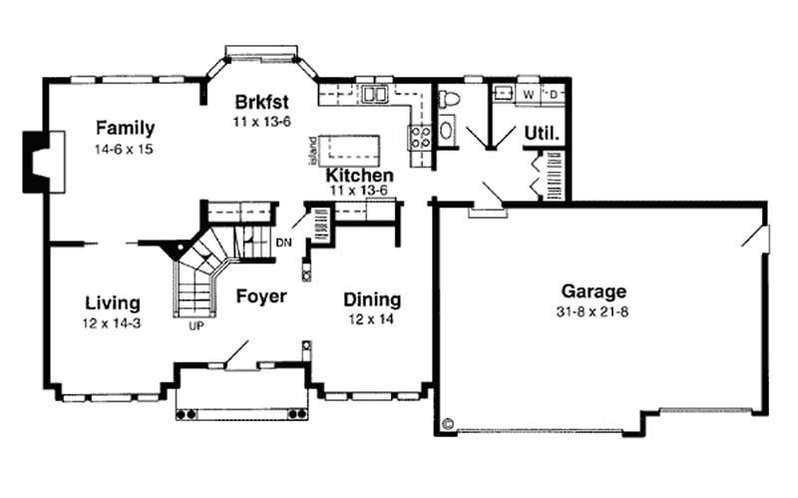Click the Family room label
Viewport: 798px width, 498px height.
[x=125, y=128]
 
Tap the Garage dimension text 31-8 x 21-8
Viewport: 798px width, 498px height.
[x=593, y=311]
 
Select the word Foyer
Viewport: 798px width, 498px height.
[x=262, y=296]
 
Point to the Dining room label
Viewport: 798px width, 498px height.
[x=372, y=299]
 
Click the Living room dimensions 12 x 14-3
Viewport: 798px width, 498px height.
[x=112, y=322]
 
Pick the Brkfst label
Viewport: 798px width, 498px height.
[x=261, y=101]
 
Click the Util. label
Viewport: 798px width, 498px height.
[x=543, y=132]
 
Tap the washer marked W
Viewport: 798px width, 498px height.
[x=529, y=95]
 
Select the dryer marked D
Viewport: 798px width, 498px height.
[x=554, y=95]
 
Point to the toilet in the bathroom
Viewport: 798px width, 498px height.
[x=449, y=99]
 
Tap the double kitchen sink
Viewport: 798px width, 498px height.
[x=377, y=96]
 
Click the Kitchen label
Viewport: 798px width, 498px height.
[x=359, y=176]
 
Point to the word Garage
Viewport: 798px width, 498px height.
[x=593, y=291]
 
